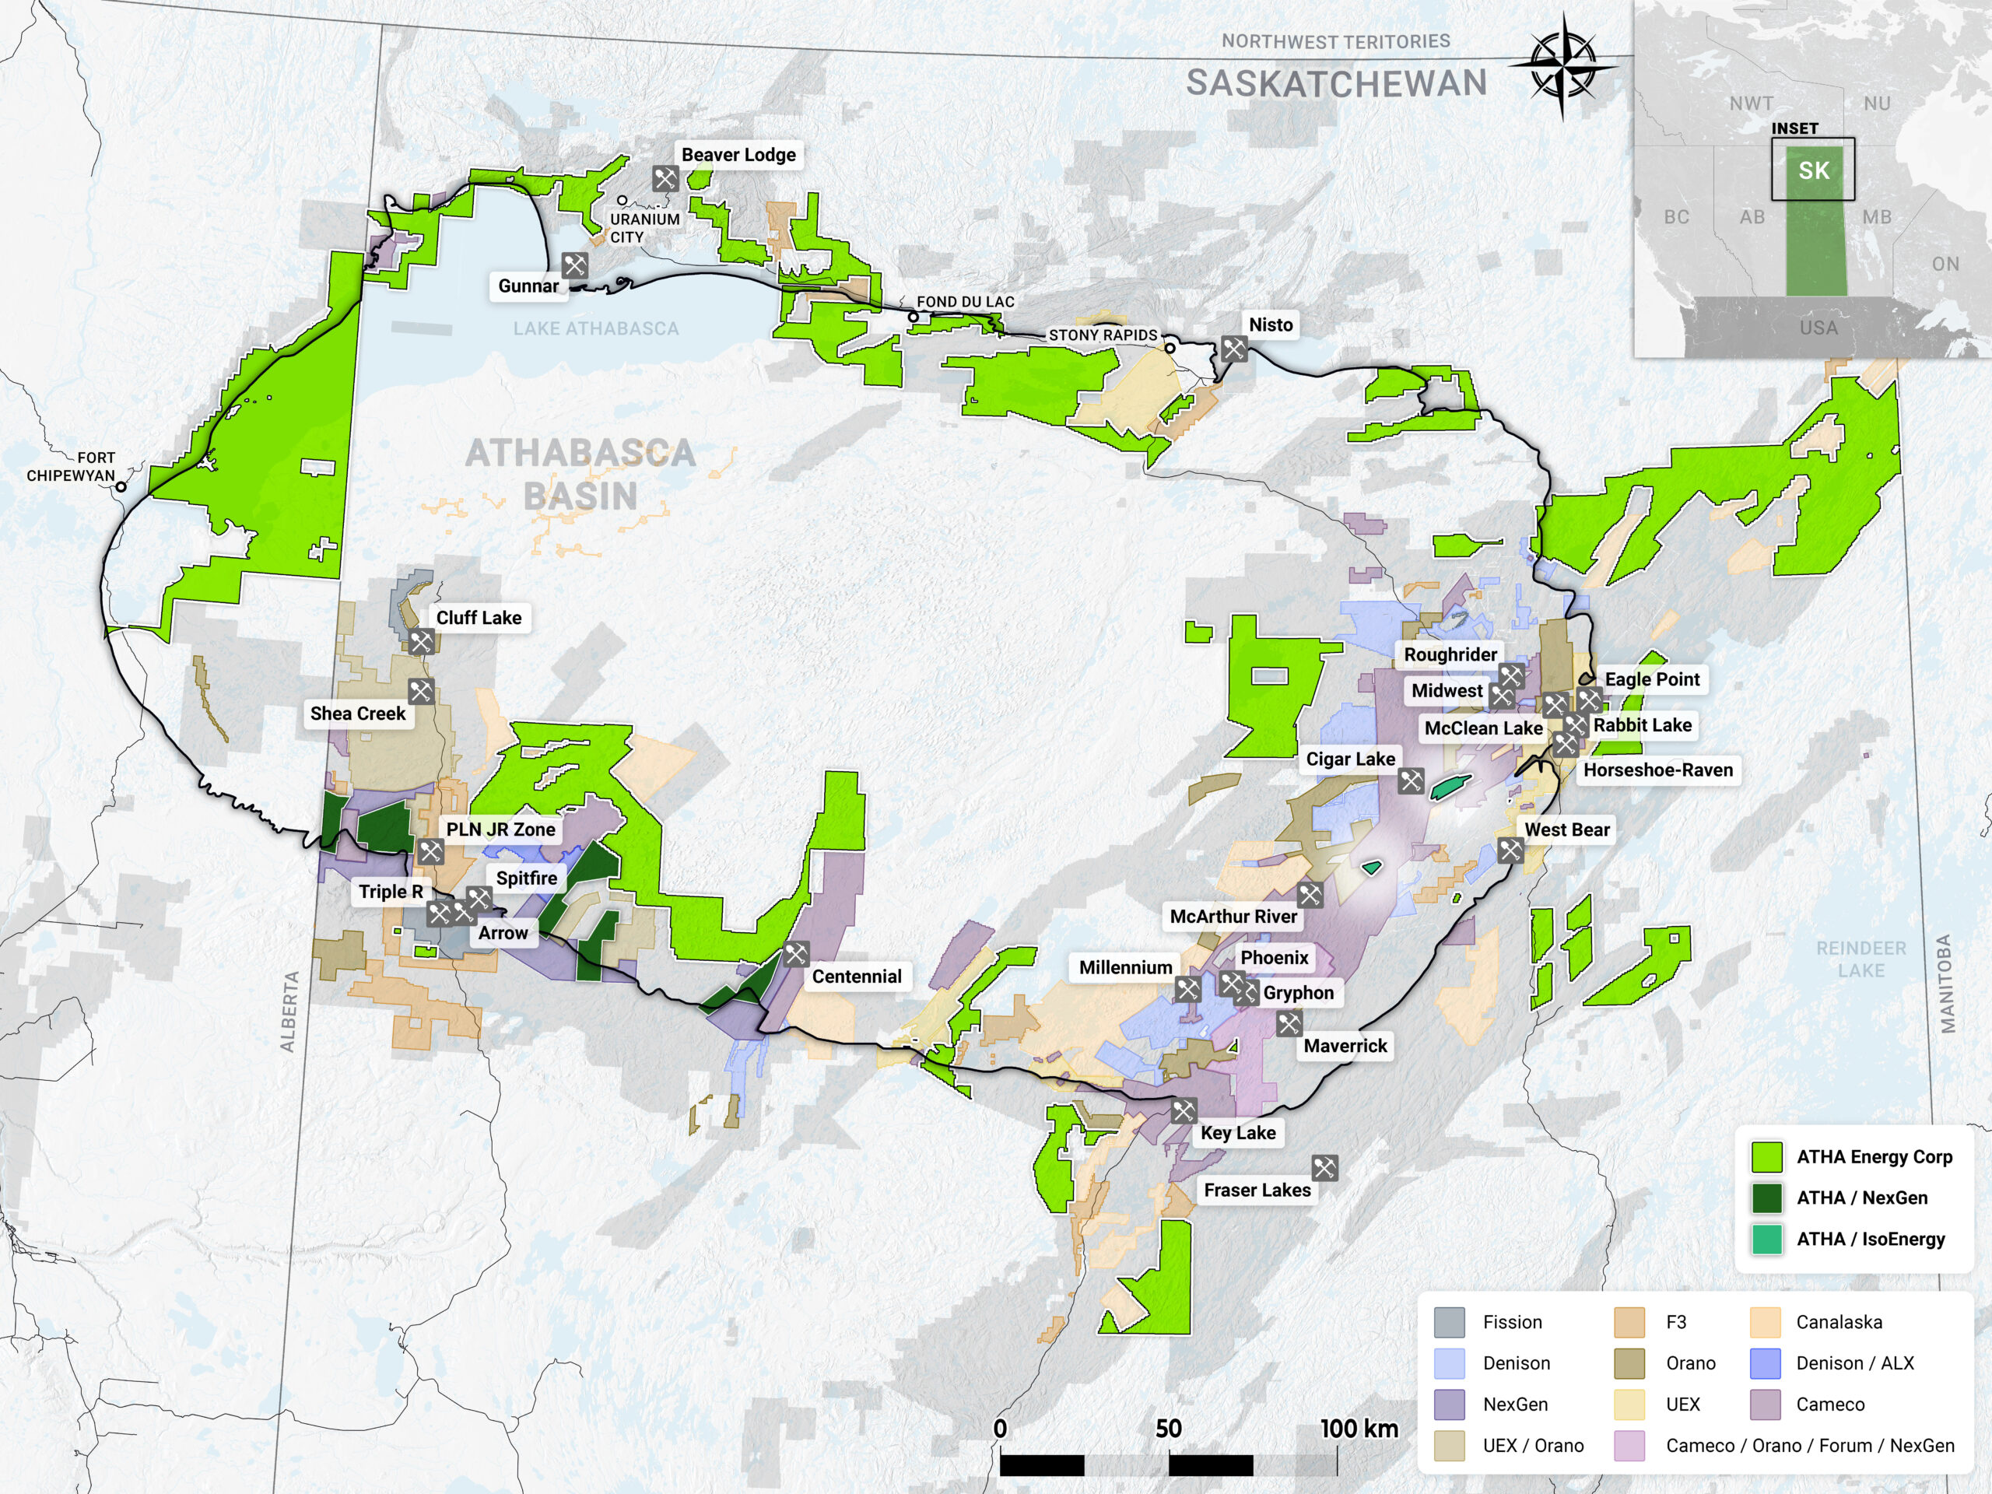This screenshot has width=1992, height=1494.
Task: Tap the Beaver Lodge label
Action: [738, 155]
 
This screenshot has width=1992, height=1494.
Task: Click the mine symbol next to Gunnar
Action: [574, 265]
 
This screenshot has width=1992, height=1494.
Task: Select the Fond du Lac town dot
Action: [914, 317]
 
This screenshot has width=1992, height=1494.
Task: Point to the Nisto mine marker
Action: [1234, 349]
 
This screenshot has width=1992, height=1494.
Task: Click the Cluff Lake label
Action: [479, 618]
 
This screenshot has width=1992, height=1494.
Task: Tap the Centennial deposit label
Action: [857, 977]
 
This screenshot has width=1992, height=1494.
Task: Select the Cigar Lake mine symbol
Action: [1410, 780]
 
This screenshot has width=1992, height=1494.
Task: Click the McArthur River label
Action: [1233, 916]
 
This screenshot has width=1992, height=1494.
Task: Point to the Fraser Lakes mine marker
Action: [1324, 1168]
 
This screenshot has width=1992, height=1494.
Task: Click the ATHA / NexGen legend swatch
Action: [1767, 1198]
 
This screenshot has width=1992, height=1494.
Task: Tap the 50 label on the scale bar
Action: [1168, 1429]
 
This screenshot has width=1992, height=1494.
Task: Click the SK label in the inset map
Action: [1813, 170]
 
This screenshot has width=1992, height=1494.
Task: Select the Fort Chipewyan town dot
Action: [121, 486]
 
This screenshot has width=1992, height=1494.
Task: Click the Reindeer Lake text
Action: [1860, 959]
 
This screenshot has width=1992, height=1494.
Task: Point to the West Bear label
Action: [1566, 829]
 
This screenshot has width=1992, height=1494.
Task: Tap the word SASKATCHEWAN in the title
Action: [1335, 82]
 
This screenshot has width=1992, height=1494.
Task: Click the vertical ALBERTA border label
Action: [289, 1012]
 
